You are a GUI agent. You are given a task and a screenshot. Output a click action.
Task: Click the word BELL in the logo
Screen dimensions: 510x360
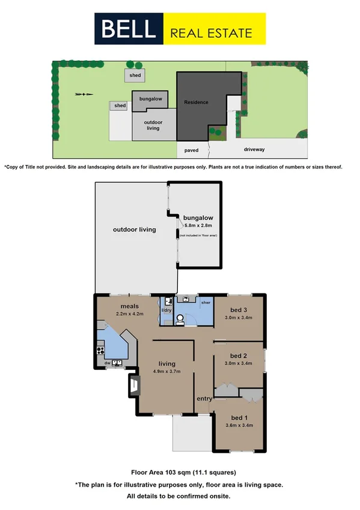tap(130, 29)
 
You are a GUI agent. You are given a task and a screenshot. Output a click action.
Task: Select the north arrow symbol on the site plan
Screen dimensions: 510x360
tap(84, 94)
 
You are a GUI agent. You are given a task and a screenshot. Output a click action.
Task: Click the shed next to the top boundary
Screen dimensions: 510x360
tap(133, 75)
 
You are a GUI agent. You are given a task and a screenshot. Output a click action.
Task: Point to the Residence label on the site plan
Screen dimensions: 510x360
tap(196, 102)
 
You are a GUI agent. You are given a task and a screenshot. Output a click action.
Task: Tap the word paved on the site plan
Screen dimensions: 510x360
tap(191, 150)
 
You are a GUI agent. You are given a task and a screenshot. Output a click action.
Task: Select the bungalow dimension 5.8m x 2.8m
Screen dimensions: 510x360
tap(198, 225)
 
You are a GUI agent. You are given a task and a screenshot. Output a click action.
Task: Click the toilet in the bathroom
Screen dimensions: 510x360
tap(178, 319)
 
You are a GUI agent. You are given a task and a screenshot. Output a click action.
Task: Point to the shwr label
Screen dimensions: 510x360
tap(205, 303)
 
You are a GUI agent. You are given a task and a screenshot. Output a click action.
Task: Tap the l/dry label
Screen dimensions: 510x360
tap(165, 310)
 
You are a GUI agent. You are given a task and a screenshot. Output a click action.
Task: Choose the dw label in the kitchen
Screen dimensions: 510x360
tap(107, 363)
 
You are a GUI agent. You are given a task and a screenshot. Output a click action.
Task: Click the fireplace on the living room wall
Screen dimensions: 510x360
tap(133, 386)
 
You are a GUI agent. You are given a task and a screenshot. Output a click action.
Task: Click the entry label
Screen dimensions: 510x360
tap(204, 399)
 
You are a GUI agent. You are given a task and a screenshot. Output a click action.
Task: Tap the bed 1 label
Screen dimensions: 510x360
tap(237, 417)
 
